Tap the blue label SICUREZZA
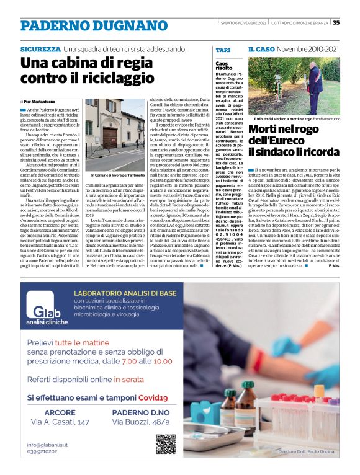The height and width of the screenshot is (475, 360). pyautogui.click(x=40, y=49)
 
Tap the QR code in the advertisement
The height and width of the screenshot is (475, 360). pyautogui.click(x=166, y=444)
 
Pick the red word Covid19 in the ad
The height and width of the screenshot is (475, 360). pyautogui.click(x=153, y=397)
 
